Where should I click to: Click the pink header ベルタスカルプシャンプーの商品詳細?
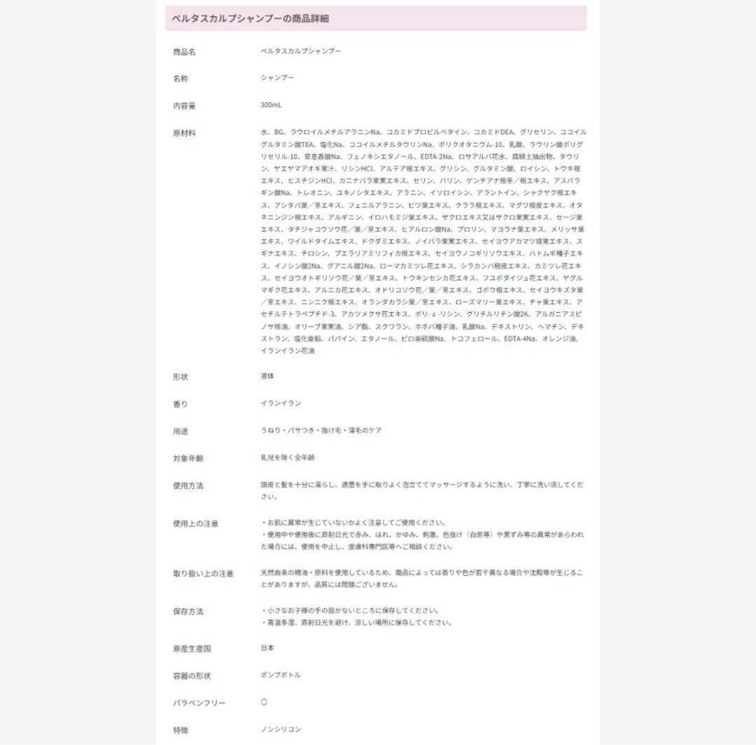point(251,19)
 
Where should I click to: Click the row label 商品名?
point(184,52)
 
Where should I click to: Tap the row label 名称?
point(181,79)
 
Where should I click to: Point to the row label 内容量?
point(184,106)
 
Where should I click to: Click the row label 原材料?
point(184,132)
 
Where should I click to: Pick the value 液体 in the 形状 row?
point(267,376)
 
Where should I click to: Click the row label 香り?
point(181,404)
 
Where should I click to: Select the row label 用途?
point(181,431)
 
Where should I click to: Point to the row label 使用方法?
point(188,485)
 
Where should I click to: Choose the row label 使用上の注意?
point(196,523)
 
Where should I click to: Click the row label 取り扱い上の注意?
point(203,574)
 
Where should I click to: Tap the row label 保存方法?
point(188,611)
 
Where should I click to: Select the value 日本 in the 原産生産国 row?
point(267,648)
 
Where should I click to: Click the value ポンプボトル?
point(280,675)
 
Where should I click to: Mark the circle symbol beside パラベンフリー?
point(264,702)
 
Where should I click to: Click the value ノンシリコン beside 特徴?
point(280,729)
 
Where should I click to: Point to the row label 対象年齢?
point(188,458)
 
